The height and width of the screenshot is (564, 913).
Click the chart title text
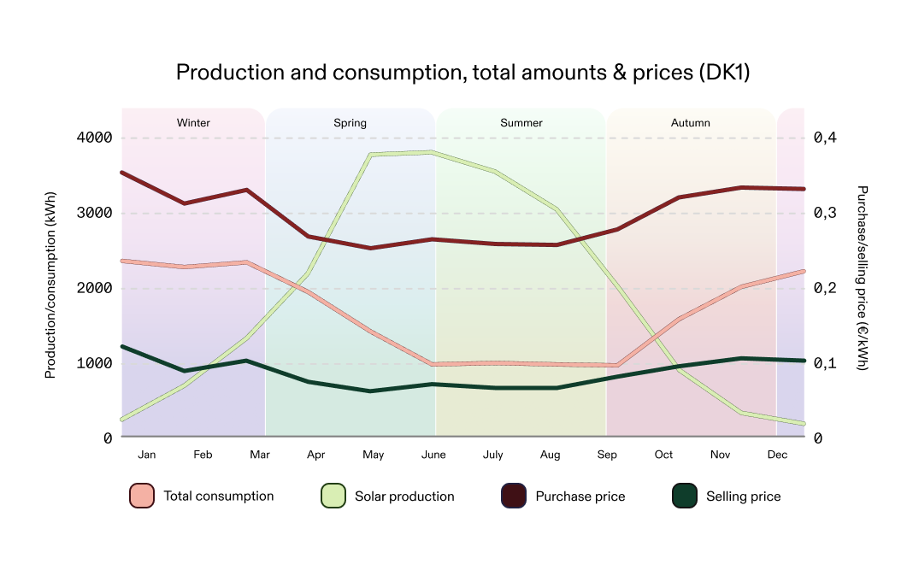tap(462, 73)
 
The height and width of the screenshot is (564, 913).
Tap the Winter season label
tap(193, 123)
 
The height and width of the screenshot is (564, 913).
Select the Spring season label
tap(350, 123)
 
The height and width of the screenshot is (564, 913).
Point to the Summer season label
tap(521, 123)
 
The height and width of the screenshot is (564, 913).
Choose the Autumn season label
tap(690, 123)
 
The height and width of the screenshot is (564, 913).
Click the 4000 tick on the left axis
tap(96, 138)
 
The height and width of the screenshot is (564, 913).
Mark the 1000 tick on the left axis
tap(96, 363)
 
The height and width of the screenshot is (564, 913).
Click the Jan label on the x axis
tap(147, 455)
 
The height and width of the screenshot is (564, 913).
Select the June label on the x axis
tap(433, 455)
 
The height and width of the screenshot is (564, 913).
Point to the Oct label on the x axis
tap(663, 455)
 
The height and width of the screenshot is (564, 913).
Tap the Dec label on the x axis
tap(777, 455)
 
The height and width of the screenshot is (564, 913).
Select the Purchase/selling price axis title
tap(862, 278)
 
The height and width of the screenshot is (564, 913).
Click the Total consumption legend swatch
tap(142, 496)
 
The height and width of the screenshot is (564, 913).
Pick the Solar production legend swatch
tap(333, 496)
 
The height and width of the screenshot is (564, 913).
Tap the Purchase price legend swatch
tap(513, 496)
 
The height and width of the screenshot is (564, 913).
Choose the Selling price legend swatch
tap(684, 496)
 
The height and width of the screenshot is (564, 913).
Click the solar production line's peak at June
tap(433, 152)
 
